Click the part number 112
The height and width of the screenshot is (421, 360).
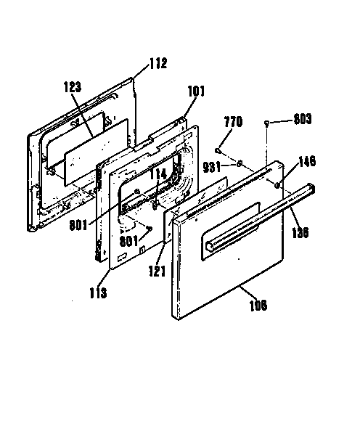coord(157,63)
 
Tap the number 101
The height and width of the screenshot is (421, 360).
coord(197,91)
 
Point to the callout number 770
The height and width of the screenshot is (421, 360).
coord(233,123)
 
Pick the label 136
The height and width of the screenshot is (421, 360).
coord(300,233)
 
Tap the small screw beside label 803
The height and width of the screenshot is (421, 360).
coord(268,123)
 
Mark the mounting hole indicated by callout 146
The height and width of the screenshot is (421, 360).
coord(278,185)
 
